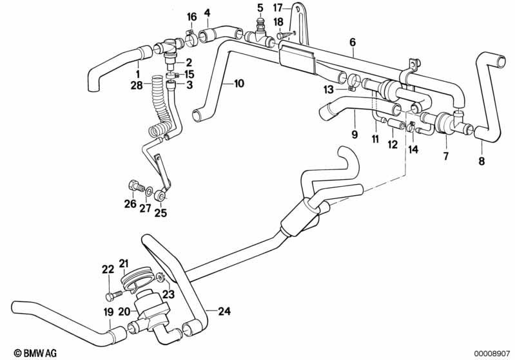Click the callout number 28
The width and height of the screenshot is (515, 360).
[137, 85]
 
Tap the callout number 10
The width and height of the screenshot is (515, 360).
[239, 83]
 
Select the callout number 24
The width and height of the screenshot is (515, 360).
[224, 311]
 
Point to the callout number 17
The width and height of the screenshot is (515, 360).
[278, 7]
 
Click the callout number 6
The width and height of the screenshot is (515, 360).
[353, 42]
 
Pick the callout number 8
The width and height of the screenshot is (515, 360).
[481, 161]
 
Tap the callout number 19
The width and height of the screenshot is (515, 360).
[108, 312]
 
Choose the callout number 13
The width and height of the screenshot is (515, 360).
[329, 90]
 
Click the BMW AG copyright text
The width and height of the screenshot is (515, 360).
[35, 353]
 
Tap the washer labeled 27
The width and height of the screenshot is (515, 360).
[149, 190]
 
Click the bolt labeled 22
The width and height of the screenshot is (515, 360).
[113, 296]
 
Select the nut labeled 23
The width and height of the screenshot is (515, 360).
[160, 278]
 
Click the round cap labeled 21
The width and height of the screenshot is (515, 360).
[136, 282]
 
